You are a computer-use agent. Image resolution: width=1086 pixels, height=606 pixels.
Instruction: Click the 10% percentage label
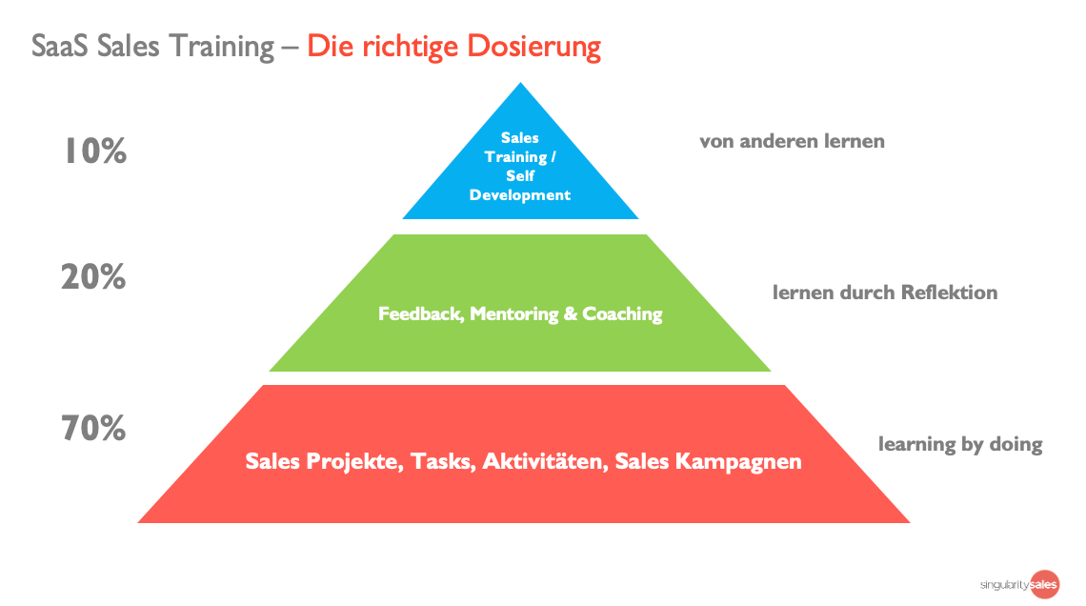pyautogui.click(x=95, y=151)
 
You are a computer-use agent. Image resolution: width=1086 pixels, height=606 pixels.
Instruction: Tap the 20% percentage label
pyautogui.click(x=94, y=277)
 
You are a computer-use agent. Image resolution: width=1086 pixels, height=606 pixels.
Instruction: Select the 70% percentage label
pyautogui.click(x=94, y=429)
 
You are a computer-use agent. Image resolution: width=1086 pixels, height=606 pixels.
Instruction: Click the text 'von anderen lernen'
pyautogui.click(x=792, y=141)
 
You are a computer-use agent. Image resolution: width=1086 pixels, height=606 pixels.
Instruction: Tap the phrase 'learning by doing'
pyautogui.click(x=960, y=444)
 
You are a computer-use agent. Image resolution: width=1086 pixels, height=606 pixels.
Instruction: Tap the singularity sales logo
pyautogui.click(x=1019, y=583)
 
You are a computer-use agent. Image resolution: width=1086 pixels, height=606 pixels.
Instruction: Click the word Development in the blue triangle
pyautogui.click(x=520, y=195)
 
